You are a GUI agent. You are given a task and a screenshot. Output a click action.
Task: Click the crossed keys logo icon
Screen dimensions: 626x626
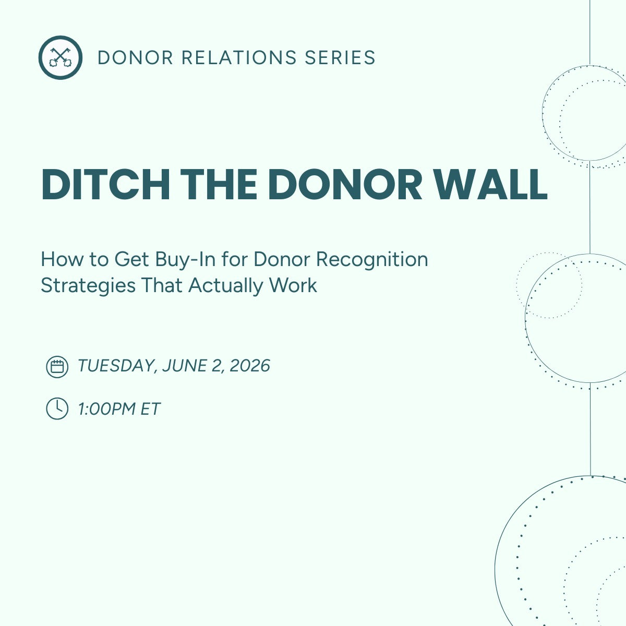click(x=60, y=57)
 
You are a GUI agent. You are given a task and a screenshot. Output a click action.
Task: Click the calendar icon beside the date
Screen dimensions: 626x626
click(x=57, y=367)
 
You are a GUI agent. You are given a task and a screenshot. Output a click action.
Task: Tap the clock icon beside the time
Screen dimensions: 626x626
click(x=57, y=408)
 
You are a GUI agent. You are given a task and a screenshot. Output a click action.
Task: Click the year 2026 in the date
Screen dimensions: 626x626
click(x=249, y=366)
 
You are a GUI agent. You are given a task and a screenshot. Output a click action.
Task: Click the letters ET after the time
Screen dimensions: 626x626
click(x=150, y=408)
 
